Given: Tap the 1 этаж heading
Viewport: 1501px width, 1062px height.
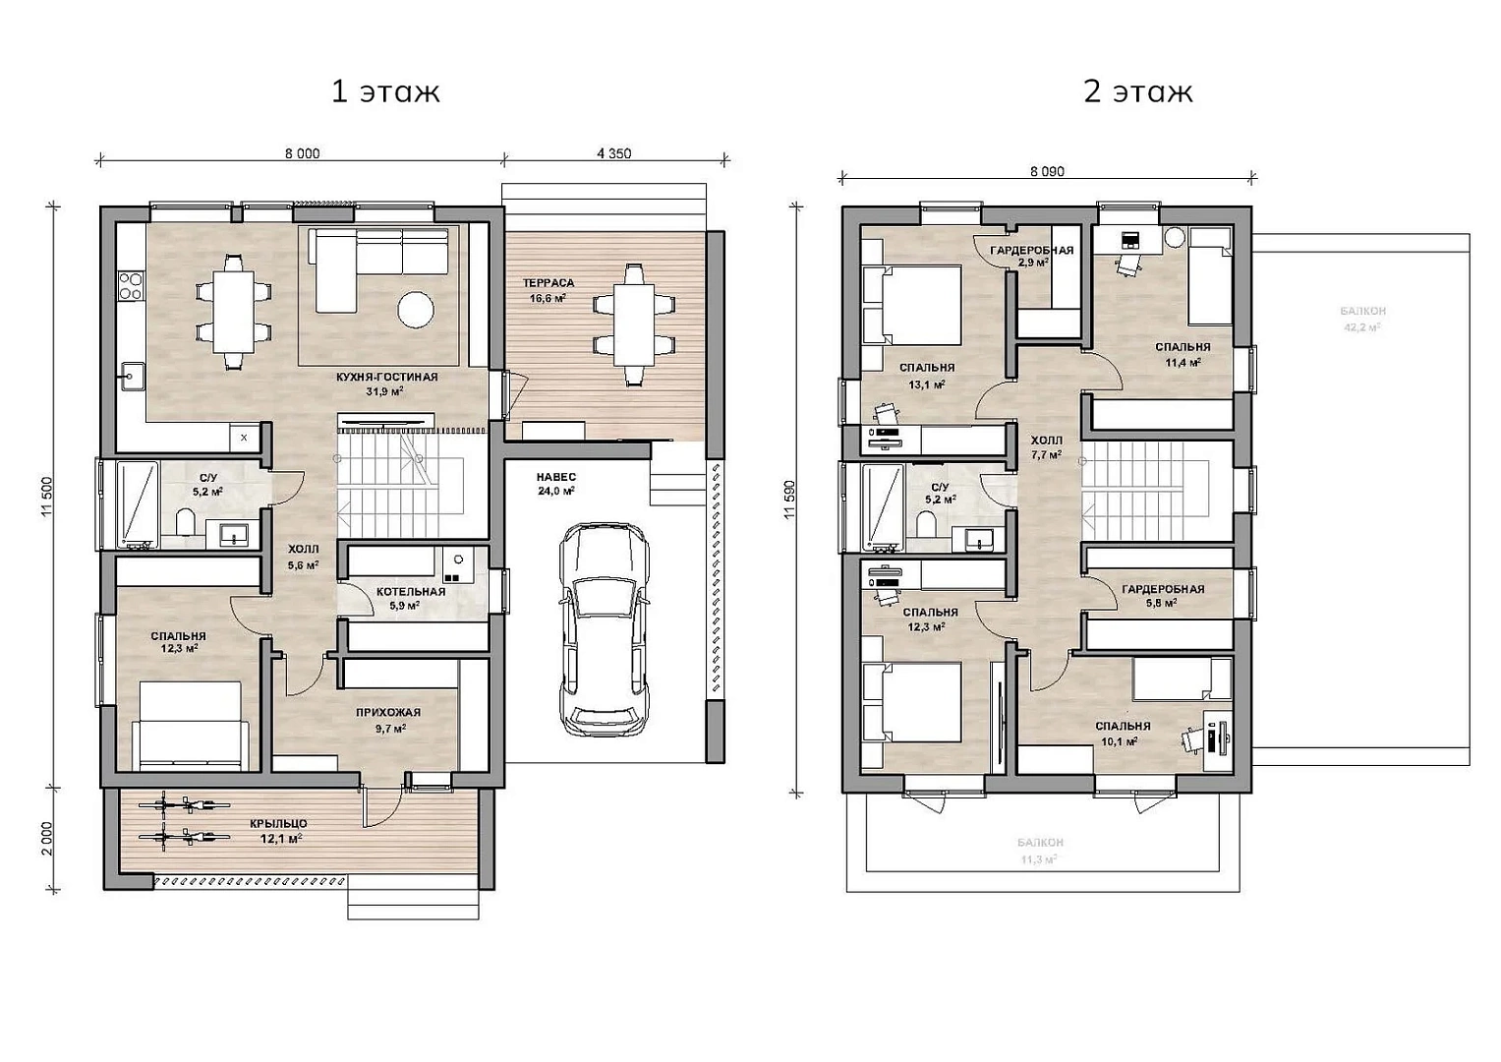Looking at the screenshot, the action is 385,91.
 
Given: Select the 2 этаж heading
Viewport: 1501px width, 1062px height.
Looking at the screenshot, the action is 1138,91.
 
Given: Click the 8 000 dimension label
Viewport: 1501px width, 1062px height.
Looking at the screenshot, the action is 302,153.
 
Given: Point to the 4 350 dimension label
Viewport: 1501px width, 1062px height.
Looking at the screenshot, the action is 613,153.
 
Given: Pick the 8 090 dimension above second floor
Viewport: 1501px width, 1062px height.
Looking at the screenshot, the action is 1047,172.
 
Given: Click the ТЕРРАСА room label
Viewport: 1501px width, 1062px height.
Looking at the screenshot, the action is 548,283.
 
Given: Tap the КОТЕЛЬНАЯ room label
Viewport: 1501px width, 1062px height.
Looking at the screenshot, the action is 411,592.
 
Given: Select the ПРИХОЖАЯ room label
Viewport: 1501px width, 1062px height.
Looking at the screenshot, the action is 388,713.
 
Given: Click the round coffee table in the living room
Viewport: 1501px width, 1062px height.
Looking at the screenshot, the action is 416,310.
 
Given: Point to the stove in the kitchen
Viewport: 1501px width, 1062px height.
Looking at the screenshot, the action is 131,285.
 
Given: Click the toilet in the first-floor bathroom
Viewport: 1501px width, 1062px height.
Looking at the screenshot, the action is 185,522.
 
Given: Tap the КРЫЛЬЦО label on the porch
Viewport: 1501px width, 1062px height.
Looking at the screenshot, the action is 280,823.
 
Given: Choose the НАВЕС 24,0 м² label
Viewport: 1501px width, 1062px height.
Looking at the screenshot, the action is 556,484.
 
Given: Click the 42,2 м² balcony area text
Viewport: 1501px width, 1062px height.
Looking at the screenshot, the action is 1362,327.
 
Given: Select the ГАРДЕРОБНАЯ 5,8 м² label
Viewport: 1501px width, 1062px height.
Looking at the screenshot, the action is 1163,595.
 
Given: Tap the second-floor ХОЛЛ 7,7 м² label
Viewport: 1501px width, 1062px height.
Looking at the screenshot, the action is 1046,447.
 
